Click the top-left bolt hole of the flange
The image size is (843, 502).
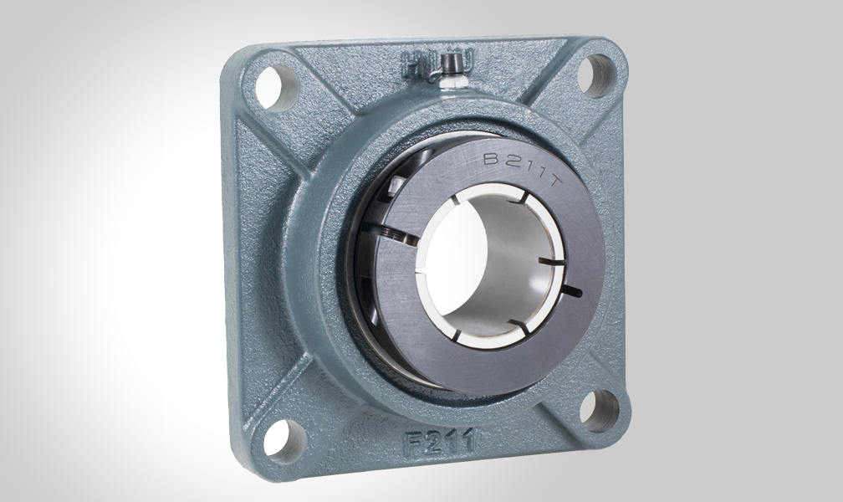coord(270,83)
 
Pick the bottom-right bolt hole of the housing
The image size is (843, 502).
coord(600,411)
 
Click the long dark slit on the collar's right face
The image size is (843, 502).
coord(573,291)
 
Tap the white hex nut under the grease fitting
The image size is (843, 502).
coord(452,79)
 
